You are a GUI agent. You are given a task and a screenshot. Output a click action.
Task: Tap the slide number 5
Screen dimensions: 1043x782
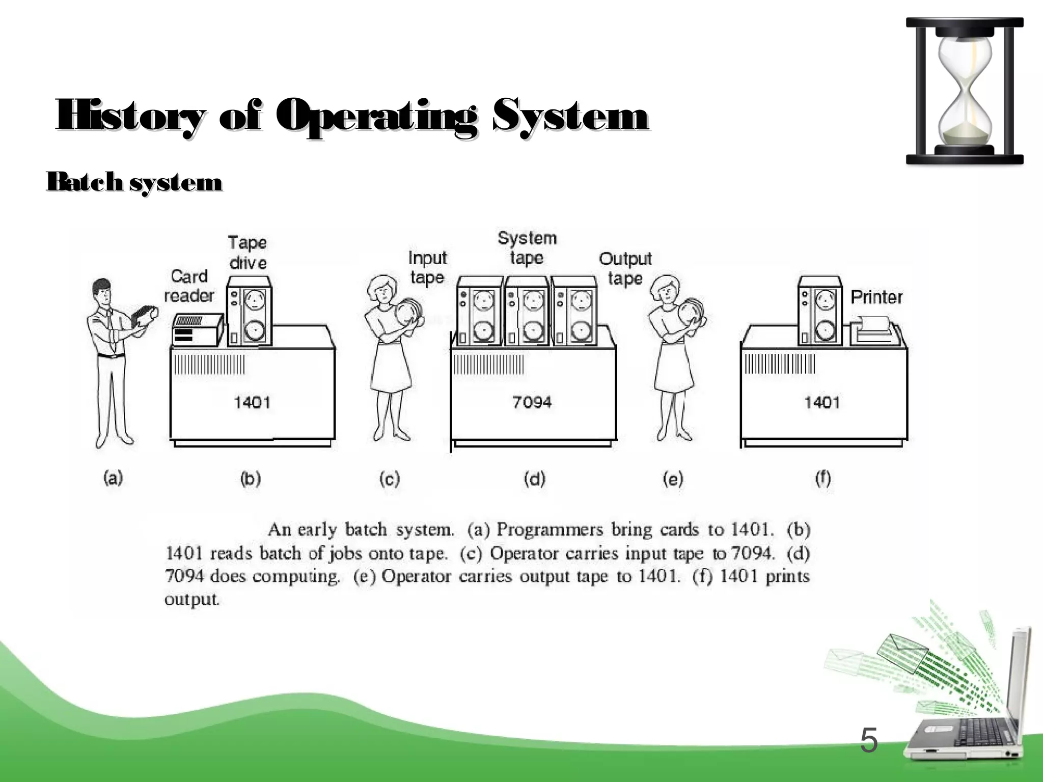869,741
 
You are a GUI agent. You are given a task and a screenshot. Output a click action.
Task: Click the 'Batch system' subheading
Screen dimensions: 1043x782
134,182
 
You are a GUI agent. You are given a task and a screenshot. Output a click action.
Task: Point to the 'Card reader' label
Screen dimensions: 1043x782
189,286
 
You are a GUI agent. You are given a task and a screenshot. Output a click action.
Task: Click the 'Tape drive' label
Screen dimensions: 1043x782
248,253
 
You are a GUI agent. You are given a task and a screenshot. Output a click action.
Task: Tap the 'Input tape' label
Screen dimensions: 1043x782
427,268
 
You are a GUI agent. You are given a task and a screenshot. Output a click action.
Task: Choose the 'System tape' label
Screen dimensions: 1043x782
527,247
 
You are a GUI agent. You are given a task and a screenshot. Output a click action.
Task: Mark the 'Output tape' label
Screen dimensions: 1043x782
625,268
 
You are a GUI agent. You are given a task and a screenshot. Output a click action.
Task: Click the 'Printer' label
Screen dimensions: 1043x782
876,297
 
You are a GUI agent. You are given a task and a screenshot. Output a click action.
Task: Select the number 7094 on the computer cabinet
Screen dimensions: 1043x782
532,403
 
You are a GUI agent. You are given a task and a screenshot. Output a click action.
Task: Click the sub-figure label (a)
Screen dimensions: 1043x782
113,478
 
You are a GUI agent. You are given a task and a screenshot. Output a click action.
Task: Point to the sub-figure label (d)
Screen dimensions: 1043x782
535,479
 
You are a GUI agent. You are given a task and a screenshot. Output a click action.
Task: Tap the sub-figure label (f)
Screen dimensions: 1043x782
823,478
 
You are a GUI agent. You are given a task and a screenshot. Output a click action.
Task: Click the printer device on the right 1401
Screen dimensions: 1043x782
874,330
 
